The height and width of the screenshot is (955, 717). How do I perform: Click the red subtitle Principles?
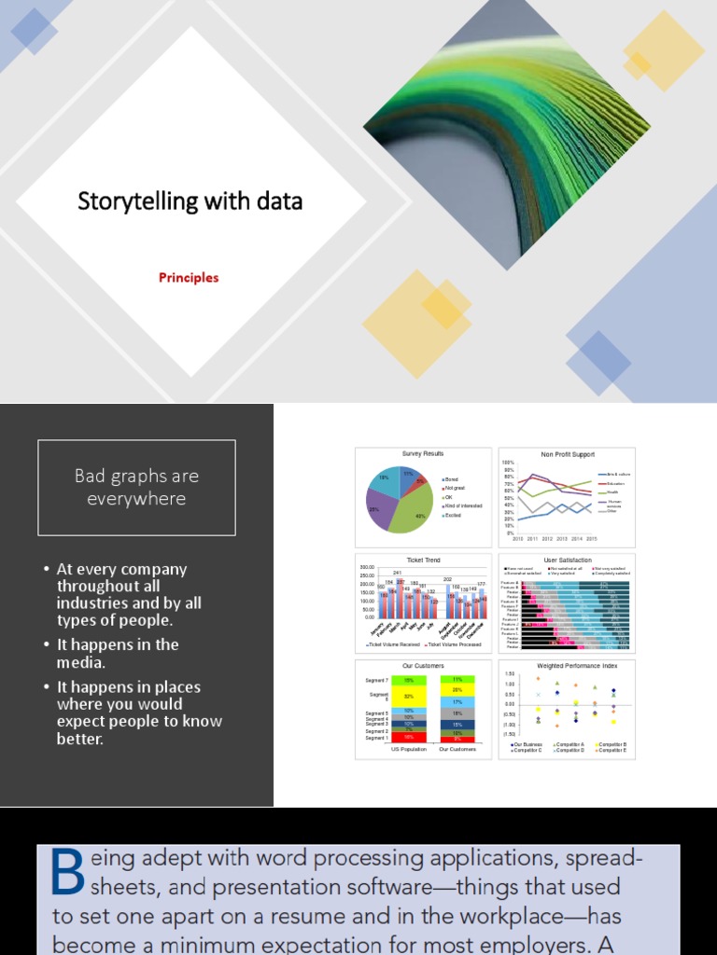(188, 277)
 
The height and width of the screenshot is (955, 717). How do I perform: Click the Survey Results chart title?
(423, 454)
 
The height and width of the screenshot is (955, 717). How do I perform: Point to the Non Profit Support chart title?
(567, 454)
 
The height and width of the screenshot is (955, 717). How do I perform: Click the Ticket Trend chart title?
(423, 561)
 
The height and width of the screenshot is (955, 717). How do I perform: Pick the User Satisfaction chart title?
(567, 561)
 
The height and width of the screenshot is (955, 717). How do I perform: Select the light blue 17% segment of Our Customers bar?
(457, 701)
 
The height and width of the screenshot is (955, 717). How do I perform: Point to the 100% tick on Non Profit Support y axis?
(510, 463)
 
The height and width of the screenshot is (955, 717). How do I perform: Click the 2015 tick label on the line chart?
(591, 539)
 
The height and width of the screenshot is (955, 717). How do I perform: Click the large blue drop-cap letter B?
(68, 871)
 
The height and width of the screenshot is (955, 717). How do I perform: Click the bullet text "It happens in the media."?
(118, 653)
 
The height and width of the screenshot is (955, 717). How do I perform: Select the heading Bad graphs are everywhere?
(136, 487)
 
